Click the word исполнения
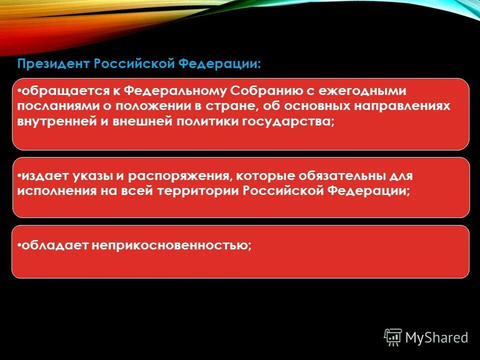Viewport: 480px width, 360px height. [56, 191]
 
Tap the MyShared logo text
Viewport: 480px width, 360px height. [436, 337]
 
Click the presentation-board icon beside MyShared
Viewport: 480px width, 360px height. [393, 337]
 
